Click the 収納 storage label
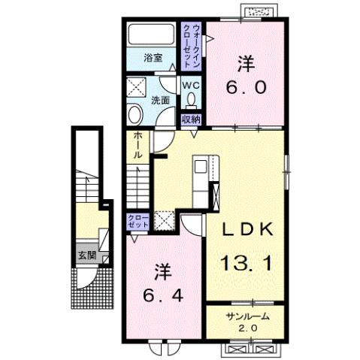click(x=190, y=119)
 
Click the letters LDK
click(x=246, y=230)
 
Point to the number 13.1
click(x=246, y=262)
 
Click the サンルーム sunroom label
click(x=245, y=316)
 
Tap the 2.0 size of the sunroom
click(x=245, y=328)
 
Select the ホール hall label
click(x=138, y=145)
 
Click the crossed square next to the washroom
click(x=137, y=86)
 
